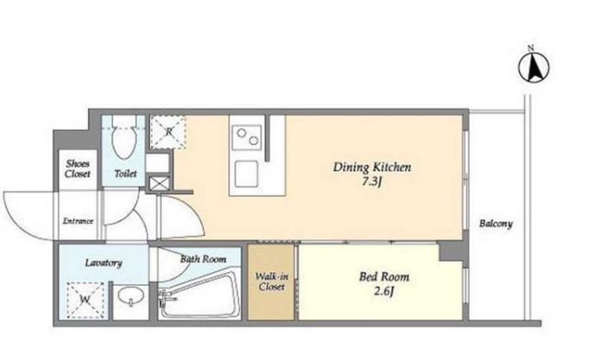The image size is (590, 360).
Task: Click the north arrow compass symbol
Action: tap(533, 67)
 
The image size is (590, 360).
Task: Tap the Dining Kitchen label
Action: tap(372, 167)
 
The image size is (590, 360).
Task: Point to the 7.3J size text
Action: tap(372, 183)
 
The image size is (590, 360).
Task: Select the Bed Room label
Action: tap(384, 276)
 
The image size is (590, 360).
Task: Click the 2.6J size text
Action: tap(384, 292)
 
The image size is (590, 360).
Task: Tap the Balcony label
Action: tap(495, 224)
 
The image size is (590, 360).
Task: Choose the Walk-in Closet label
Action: tap(271, 282)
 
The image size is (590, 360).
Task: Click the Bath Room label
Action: tap(203, 259)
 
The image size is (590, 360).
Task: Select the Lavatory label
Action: tap(103, 263)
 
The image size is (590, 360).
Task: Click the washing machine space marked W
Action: tap(85, 301)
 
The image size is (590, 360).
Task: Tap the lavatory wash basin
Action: tap(131, 295)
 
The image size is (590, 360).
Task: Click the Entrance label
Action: tap(78, 220)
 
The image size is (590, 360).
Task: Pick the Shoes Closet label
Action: tap(78, 169)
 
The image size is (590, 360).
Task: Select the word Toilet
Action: tap(125, 173)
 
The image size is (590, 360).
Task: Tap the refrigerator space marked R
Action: tap(168, 132)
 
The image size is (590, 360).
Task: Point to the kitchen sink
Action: tap(247, 174)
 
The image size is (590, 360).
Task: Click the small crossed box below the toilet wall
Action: tap(159, 184)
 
